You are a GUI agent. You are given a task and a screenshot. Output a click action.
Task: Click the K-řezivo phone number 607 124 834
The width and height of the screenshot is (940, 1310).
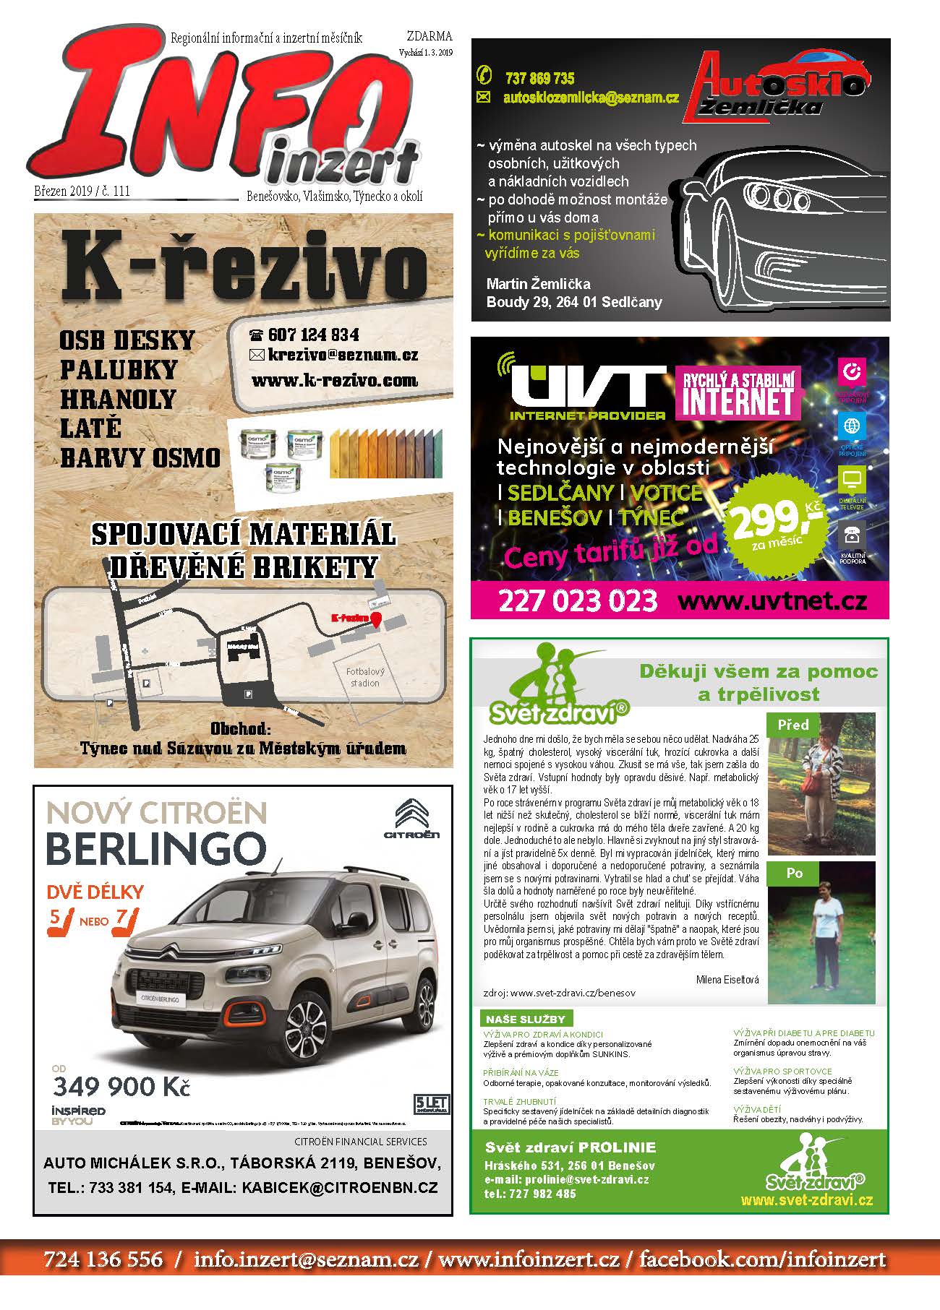tap(313, 335)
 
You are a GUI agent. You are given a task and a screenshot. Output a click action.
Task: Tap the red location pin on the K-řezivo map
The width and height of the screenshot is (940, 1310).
tap(376, 620)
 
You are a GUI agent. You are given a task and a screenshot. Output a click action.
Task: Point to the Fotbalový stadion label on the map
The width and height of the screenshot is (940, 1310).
tap(365, 677)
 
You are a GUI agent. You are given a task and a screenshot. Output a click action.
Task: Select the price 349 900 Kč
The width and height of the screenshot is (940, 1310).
tap(121, 1086)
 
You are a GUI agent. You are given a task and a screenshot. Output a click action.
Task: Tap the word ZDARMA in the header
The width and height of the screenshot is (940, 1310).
tap(430, 37)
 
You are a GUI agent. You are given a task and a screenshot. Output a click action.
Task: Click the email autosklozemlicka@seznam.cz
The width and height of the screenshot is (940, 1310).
tap(591, 98)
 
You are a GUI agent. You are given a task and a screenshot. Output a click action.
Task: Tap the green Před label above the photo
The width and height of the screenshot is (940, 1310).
tap(793, 725)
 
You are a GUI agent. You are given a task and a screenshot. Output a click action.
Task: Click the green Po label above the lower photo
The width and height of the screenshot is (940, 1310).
tap(794, 873)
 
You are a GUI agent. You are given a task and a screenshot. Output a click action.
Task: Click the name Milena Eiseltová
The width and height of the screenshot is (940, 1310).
tap(727, 980)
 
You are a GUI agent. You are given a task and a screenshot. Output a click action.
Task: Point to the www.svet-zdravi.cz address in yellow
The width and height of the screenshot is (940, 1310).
tap(807, 1200)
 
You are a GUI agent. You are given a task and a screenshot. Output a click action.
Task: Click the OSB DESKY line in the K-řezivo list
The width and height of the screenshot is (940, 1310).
tap(127, 340)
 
